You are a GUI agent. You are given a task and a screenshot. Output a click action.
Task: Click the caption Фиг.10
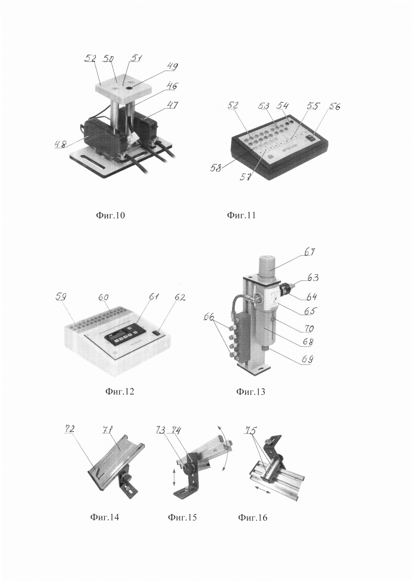click(110, 216)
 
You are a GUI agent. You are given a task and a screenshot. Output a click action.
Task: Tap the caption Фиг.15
click(182, 517)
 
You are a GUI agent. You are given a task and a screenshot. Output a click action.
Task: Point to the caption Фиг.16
click(252, 517)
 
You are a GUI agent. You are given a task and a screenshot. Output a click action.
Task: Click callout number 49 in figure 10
click(172, 67)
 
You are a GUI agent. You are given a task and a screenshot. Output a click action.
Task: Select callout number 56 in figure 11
click(334, 107)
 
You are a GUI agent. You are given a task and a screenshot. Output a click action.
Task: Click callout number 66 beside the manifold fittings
click(209, 317)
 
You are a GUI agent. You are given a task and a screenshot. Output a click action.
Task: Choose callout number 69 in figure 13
click(307, 360)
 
